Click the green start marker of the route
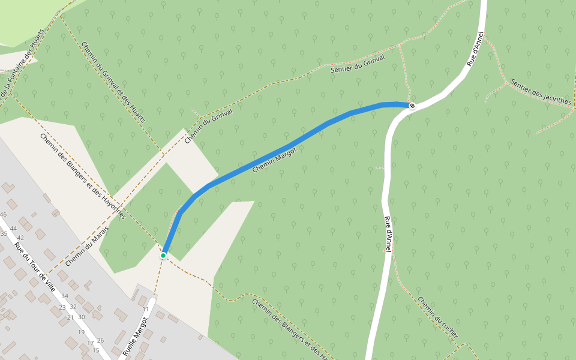point(163,255)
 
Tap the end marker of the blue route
point(412,106)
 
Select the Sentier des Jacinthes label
point(540,92)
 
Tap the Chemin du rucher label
point(438,317)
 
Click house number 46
point(3,215)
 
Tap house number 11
point(145,310)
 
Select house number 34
point(65,296)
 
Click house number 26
point(100,341)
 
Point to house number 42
point(20,238)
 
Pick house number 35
point(4,233)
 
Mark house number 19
point(81,332)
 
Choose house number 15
point(95,350)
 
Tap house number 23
point(62,307)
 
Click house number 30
point(81,317)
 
